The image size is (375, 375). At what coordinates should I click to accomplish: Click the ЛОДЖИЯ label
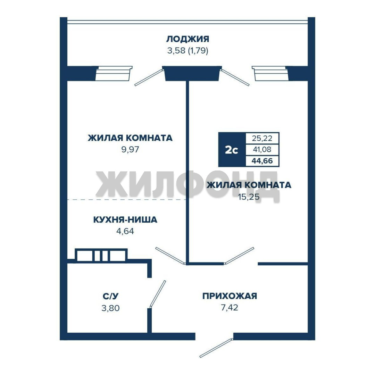click(x=188, y=39)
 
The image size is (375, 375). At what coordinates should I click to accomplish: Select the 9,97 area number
click(x=130, y=149)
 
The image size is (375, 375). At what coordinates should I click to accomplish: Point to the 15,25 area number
click(x=249, y=197)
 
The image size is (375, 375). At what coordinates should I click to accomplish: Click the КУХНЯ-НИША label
click(x=125, y=219)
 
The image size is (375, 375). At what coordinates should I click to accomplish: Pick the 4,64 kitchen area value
click(x=125, y=231)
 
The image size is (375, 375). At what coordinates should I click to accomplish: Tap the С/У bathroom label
click(x=110, y=296)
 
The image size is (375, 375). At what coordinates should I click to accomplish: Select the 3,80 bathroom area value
click(x=110, y=308)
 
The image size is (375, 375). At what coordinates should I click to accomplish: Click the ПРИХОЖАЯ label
click(x=230, y=296)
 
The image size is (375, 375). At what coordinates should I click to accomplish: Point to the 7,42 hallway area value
click(x=230, y=308)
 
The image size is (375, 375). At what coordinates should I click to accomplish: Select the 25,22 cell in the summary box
click(x=262, y=138)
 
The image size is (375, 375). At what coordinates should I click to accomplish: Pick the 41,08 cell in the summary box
click(x=262, y=149)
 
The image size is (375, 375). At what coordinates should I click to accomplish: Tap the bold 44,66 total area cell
click(x=262, y=161)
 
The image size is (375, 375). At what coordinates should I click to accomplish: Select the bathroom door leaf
click(x=158, y=294)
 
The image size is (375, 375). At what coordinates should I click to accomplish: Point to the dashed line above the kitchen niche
click(x=127, y=199)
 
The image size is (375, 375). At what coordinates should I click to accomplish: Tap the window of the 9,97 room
click(x=114, y=73)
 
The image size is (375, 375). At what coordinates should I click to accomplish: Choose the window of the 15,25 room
click(x=271, y=73)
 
